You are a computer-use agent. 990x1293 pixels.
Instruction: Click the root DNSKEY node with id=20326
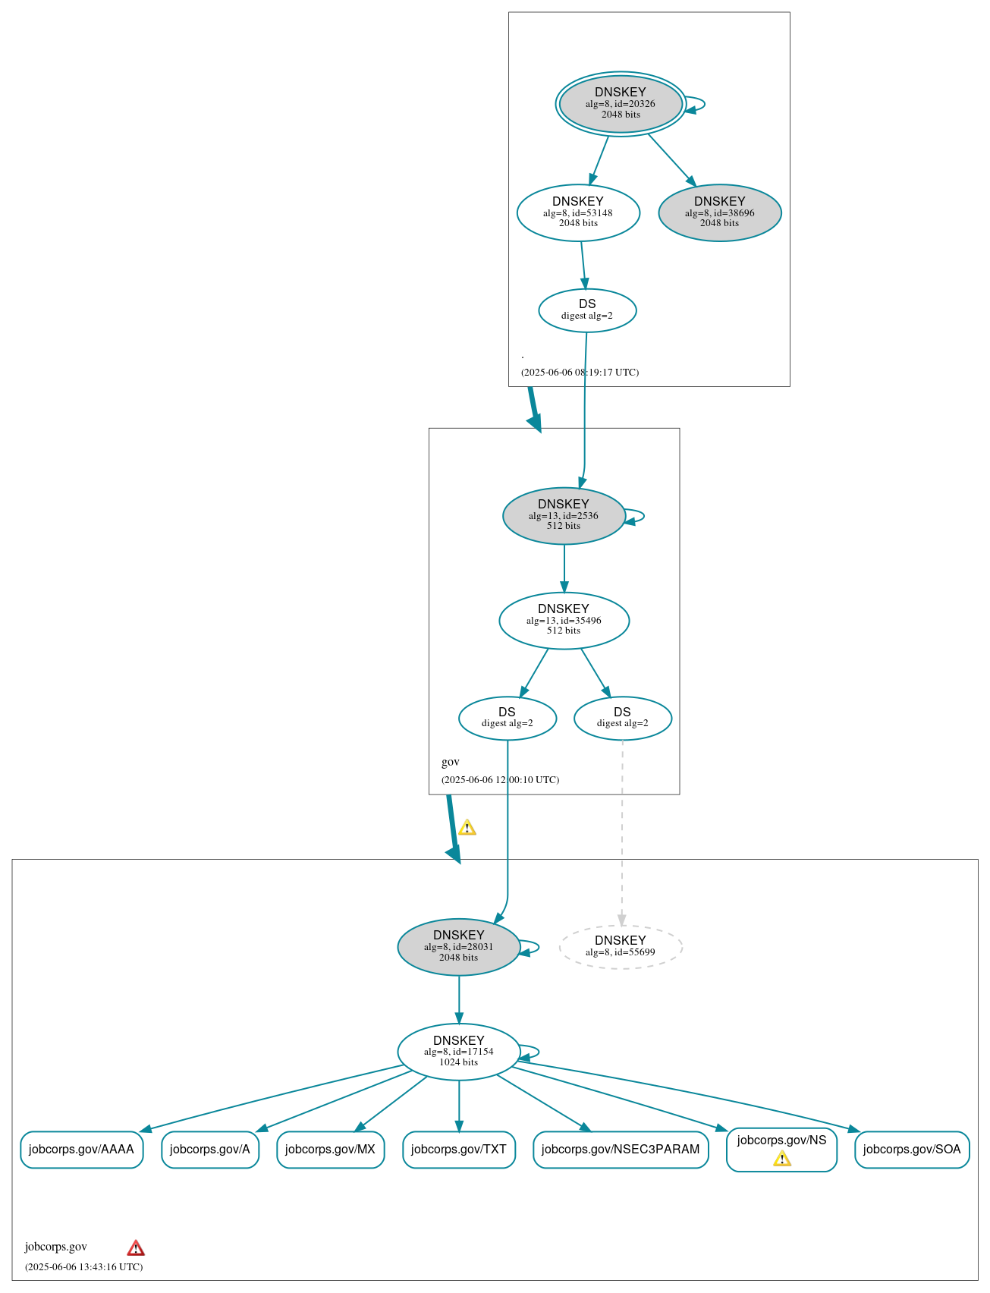(x=621, y=104)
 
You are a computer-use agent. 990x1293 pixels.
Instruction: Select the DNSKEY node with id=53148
(x=578, y=212)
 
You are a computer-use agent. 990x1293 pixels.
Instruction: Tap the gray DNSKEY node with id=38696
(x=719, y=212)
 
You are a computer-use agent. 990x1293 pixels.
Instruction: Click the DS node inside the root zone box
(x=587, y=310)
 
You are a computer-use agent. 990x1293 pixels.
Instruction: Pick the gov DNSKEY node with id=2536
(x=564, y=515)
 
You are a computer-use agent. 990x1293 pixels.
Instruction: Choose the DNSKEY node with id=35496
(x=564, y=620)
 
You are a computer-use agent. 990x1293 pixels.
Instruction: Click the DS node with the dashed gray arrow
(x=622, y=718)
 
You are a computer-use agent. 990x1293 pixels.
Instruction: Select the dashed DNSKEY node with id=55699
(x=621, y=946)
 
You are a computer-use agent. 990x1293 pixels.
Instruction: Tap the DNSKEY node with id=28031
(x=458, y=946)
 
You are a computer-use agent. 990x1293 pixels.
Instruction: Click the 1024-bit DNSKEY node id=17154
(x=458, y=1051)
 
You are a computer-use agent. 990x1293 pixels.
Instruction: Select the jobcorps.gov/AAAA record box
(x=81, y=1149)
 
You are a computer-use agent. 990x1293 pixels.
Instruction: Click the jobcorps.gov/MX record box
(x=330, y=1149)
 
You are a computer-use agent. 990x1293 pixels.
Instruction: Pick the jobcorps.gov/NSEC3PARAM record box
(x=621, y=1149)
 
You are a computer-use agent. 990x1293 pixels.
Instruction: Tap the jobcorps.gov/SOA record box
(x=912, y=1149)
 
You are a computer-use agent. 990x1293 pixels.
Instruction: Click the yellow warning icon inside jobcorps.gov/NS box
(x=782, y=1159)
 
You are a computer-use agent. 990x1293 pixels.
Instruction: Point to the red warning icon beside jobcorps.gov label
(x=136, y=1247)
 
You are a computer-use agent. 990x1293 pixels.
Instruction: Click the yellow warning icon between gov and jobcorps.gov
(x=467, y=828)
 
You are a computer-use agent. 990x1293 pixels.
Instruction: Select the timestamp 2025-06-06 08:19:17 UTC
(x=580, y=372)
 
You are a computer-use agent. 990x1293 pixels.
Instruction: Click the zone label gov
(x=451, y=762)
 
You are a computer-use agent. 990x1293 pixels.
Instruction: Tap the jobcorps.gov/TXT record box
(x=458, y=1149)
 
